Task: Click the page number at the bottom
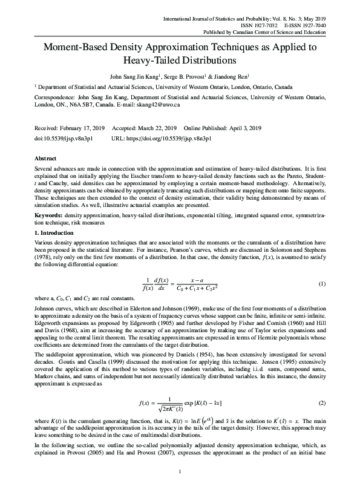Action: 180,471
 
